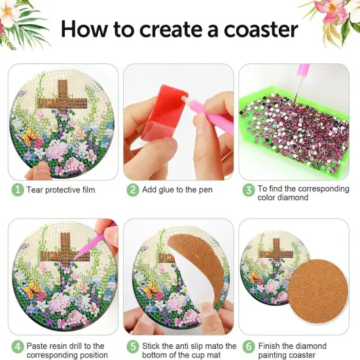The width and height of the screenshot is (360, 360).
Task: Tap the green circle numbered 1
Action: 18,190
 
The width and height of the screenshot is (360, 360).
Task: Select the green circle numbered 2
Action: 133,190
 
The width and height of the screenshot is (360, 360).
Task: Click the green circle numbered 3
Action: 248,190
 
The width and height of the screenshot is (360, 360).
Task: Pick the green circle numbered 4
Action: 18,346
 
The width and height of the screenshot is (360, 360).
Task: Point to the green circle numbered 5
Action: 133,346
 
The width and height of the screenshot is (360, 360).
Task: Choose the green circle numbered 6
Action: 248,346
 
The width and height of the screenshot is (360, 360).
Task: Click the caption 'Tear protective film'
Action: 62,190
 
